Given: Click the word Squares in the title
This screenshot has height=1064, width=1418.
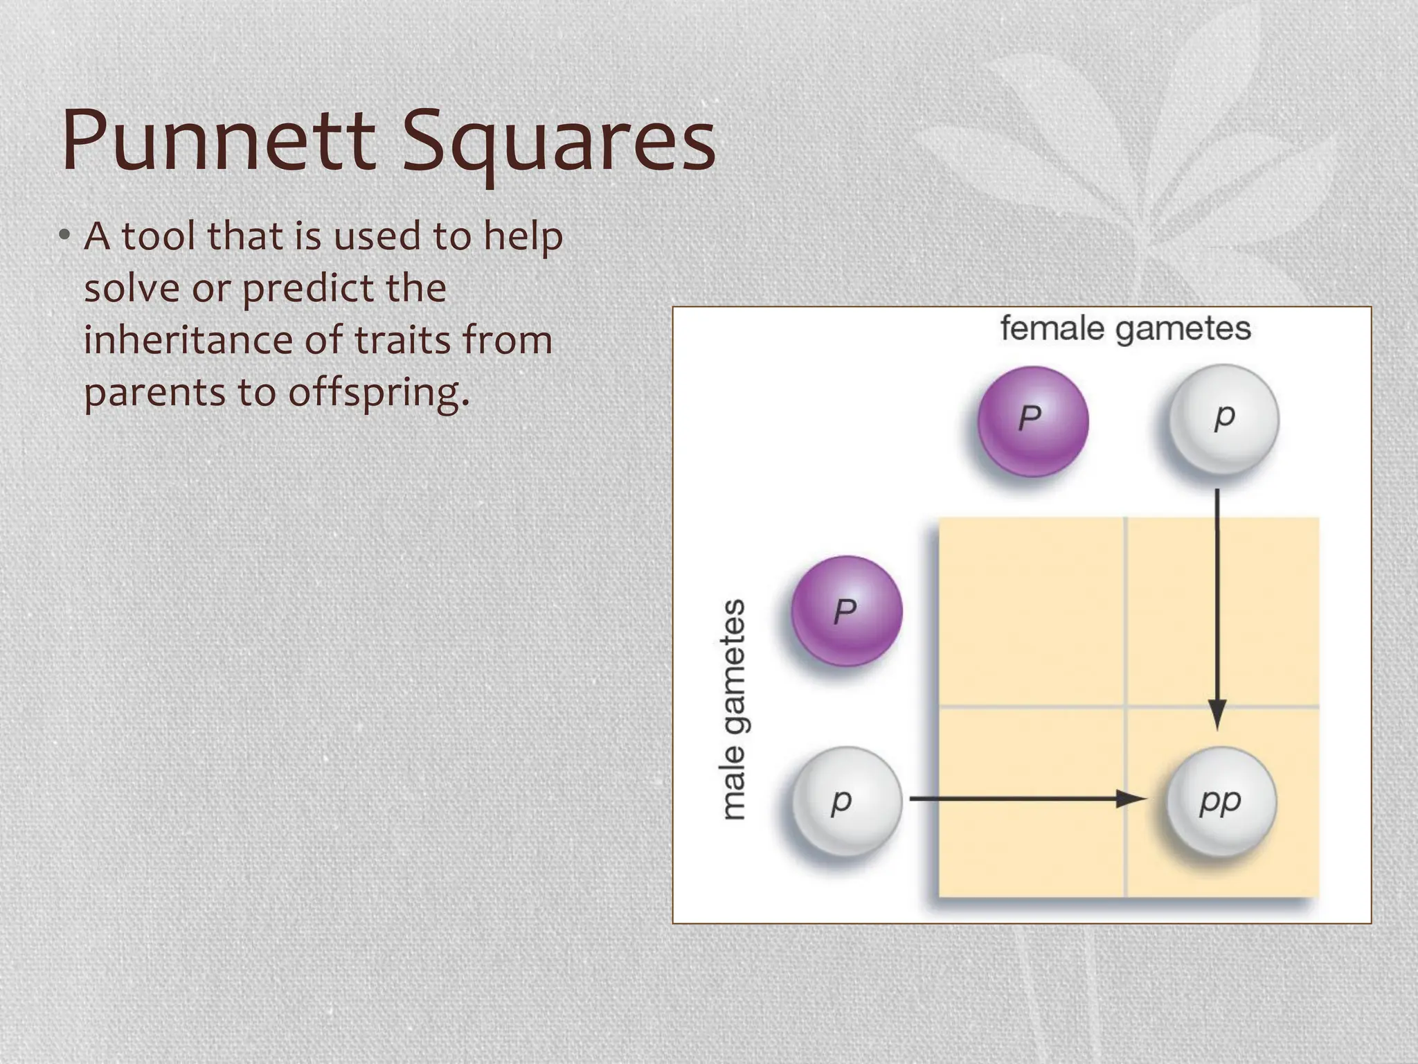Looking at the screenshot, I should (x=558, y=142).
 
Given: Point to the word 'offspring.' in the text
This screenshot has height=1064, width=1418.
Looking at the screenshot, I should (x=379, y=393).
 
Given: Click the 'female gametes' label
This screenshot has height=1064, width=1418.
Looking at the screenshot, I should (x=1125, y=328).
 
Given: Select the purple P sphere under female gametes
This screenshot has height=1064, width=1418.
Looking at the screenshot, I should (x=1032, y=421).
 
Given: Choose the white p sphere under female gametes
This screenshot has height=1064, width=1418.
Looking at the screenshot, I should (x=1223, y=419).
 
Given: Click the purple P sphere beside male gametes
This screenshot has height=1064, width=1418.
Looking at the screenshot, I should (x=846, y=611).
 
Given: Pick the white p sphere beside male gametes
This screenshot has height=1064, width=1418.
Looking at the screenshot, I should (x=845, y=801).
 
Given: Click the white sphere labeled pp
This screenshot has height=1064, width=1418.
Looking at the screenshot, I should (x=1221, y=801).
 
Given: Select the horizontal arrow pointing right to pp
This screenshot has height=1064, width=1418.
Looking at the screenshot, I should (x=1025, y=799).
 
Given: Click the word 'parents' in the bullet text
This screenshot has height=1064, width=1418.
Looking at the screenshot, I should (x=154, y=393).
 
